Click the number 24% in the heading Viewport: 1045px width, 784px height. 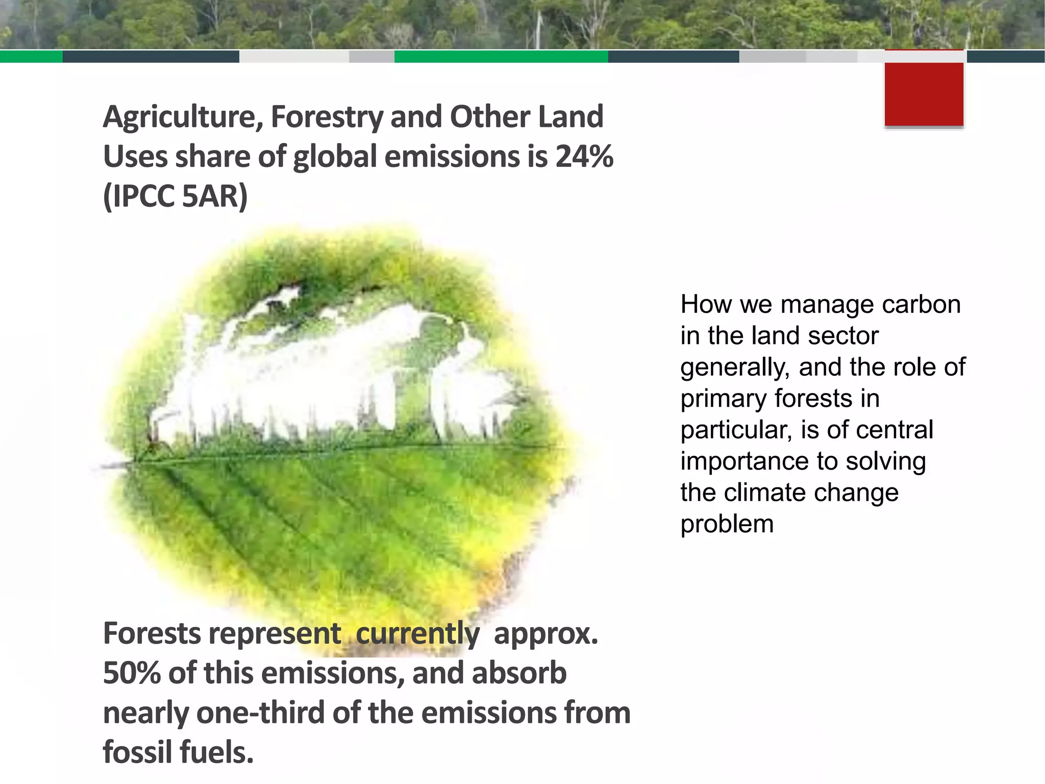584,156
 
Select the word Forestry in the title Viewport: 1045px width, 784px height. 327,117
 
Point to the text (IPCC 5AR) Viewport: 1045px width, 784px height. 175,196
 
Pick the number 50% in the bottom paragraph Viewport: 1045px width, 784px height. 132,673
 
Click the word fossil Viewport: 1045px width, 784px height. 137,752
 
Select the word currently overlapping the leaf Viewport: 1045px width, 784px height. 417,634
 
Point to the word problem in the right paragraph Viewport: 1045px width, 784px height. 727,525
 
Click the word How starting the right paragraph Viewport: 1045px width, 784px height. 706,305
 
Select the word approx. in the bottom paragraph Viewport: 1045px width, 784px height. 545,634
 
